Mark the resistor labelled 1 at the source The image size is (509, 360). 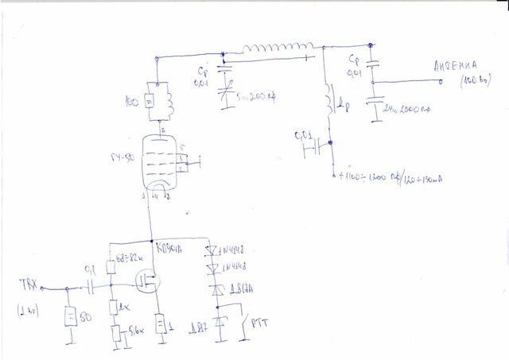161,325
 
